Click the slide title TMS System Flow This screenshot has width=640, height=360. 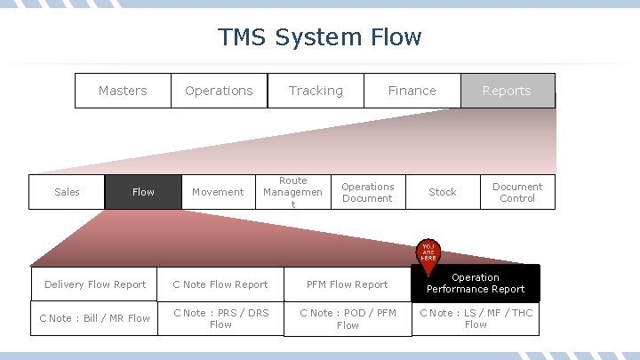(x=320, y=37)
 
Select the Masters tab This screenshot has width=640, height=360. (x=123, y=91)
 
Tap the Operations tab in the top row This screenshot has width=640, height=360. (x=219, y=91)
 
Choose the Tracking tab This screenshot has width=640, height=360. (x=316, y=91)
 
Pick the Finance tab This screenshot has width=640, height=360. (x=412, y=91)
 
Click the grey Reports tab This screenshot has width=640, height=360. (x=507, y=91)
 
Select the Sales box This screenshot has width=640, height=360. (x=67, y=192)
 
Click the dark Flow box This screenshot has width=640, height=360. (x=143, y=192)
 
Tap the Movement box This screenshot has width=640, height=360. (x=218, y=192)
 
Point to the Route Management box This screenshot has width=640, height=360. (x=292, y=192)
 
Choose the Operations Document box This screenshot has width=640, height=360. (x=367, y=192)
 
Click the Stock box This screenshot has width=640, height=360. (x=442, y=192)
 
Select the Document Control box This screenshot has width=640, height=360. (x=516, y=192)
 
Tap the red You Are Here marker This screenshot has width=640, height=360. (x=428, y=254)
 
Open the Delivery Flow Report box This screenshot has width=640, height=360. (x=94, y=284)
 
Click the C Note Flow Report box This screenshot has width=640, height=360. (x=220, y=284)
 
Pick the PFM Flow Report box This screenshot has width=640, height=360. (x=347, y=284)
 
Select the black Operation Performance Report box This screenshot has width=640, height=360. (x=475, y=283)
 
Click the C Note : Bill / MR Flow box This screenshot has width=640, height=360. (x=94, y=318)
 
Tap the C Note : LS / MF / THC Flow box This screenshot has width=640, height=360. (x=475, y=318)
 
